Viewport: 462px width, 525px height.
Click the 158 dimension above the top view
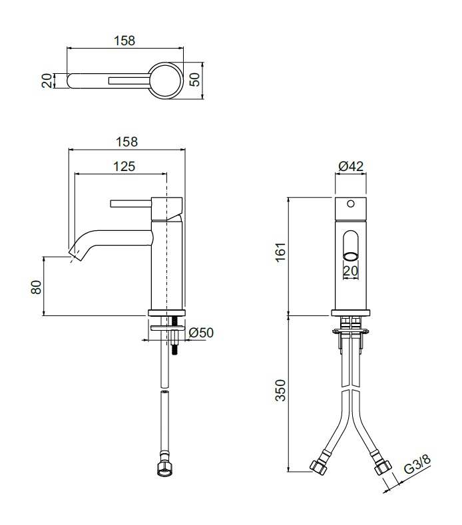click(124, 41)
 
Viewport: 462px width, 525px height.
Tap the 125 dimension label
click(124, 166)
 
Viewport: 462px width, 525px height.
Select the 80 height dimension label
click(36, 287)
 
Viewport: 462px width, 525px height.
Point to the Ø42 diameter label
click(351, 166)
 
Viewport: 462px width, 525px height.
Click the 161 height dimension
click(281, 252)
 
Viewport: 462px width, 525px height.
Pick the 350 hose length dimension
click(281, 390)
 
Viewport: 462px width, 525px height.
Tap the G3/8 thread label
click(417, 464)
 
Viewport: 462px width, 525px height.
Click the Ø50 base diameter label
click(201, 333)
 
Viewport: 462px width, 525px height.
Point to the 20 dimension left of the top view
click(47, 81)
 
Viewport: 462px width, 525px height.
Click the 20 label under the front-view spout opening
click(351, 271)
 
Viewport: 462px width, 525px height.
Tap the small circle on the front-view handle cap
click(351, 204)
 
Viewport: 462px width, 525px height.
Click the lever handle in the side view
click(130, 204)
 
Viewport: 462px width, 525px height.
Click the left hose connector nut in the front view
click(318, 467)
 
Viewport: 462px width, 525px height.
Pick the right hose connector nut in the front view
click(383, 466)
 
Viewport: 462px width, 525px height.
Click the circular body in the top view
click(166, 81)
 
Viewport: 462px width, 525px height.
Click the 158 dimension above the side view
click(126, 142)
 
